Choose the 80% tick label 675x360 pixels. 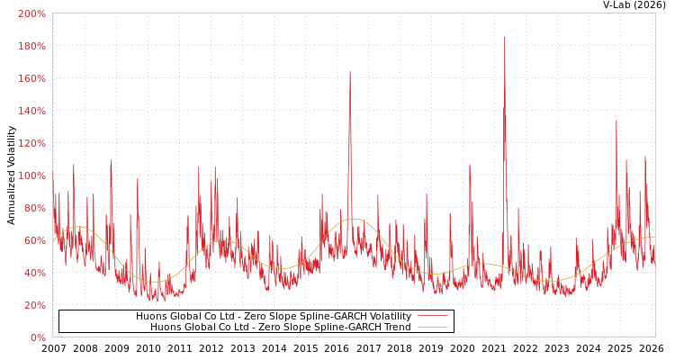[x=34, y=208]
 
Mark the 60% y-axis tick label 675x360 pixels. [x=34, y=240]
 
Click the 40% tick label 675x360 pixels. [x=34, y=273]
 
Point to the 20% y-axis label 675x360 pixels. [x=34, y=305]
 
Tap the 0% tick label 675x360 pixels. [x=37, y=337]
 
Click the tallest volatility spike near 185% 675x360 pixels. [x=504, y=38]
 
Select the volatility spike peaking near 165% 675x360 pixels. [x=350, y=73]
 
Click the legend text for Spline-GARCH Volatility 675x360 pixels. [x=274, y=317]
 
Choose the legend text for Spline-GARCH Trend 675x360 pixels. [x=280, y=327]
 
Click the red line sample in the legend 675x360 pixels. [x=432, y=317]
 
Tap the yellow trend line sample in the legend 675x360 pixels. [x=432, y=327]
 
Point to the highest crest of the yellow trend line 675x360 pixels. [x=352, y=219]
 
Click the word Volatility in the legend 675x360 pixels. [x=388, y=317]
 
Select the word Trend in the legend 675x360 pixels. [x=396, y=327]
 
